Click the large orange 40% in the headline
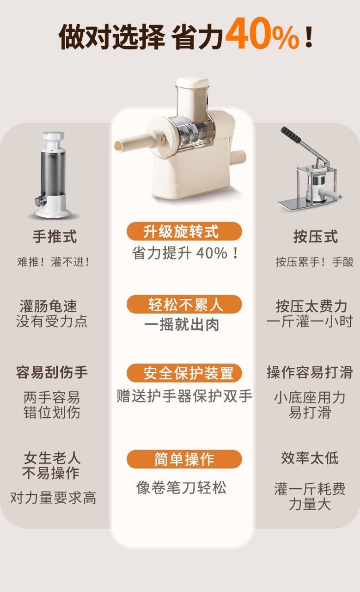pos(262,34)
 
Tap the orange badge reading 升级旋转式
pos(184,231)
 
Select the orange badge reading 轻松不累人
pos(184,304)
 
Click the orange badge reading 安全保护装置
pos(184,373)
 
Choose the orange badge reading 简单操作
pos(184,459)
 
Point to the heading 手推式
pos(55,236)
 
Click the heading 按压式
pos(316,236)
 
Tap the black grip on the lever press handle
pos(291,134)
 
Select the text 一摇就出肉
pos(182,325)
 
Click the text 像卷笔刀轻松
pos(181,487)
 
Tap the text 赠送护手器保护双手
pos(184,396)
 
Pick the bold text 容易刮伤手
pos(52,372)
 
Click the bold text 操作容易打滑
pos(310,372)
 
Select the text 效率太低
pos(310,458)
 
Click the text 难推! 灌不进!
pos(53,262)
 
